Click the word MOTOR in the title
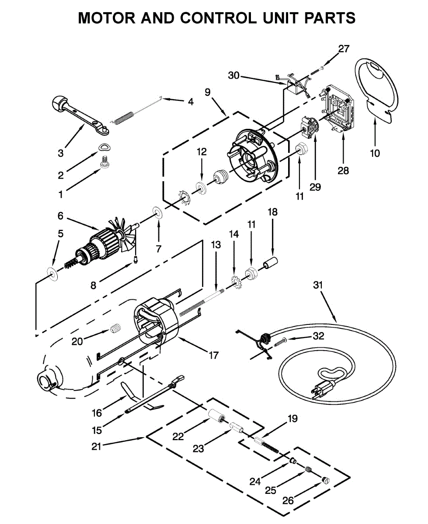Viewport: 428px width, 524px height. [x=107, y=18]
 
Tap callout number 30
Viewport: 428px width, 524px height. [x=233, y=75]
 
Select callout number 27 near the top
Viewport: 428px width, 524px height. [x=344, y=49]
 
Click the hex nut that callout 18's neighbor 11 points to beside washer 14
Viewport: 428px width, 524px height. [x=251, y=273]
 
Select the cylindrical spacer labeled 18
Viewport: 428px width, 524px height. [x=271, y=263]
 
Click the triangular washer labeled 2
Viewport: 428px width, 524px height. [x=104, y=147]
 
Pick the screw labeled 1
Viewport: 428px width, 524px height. [x=104, y=162]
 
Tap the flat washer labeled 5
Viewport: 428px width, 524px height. [x=52, y=274]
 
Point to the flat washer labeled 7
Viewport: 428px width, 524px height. [x=157, y=211]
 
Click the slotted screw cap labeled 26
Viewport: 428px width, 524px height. [x=325, y=480]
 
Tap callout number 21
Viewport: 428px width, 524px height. [x=96, y=446]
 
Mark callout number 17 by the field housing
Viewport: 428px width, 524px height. [x=213, y=355]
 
